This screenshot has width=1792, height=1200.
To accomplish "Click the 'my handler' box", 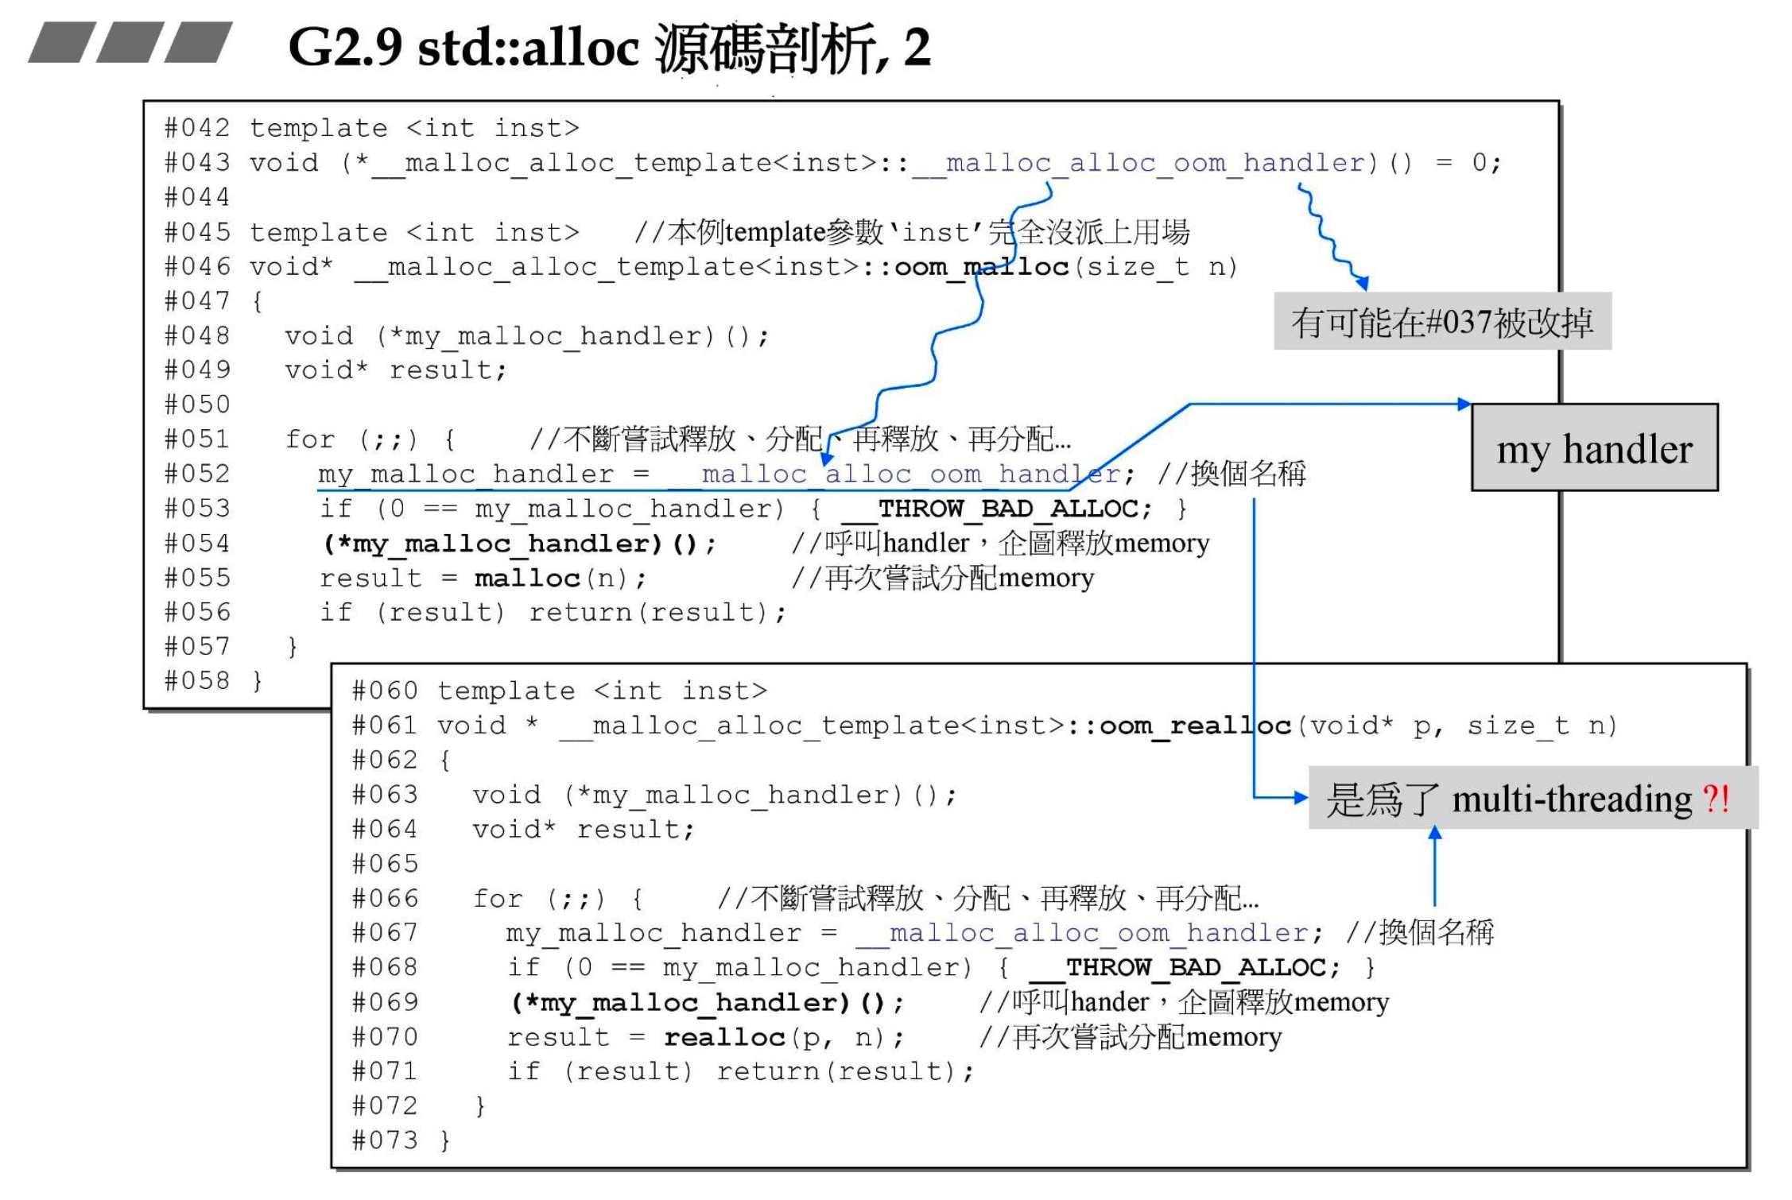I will [x=1594, y=447].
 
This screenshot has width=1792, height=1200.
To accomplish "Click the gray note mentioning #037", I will [x=1442, y=322].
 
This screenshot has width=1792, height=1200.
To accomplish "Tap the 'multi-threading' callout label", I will [x=1531, y=799].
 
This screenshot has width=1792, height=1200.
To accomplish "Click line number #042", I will [x=197, y=128].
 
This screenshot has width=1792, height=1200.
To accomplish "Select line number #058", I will [x=197, y=681].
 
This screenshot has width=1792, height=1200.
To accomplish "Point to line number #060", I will [x=385, y=691].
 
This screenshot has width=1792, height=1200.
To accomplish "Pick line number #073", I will [x=385, y=1140].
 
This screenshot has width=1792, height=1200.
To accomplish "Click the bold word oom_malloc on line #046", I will [x=981, y=267].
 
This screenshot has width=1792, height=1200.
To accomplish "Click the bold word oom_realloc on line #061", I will [x=1194, y=726].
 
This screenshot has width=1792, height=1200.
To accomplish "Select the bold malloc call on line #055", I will [x=527, y=579].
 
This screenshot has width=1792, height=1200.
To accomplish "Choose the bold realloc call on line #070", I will [x=724, y=1038].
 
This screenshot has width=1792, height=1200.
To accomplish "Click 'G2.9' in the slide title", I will [x=345, y=48].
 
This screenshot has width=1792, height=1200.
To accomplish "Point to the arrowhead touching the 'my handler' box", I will [x=1464, y=404].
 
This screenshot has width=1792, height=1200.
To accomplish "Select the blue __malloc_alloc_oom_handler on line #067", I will [x=1082, y=933].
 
